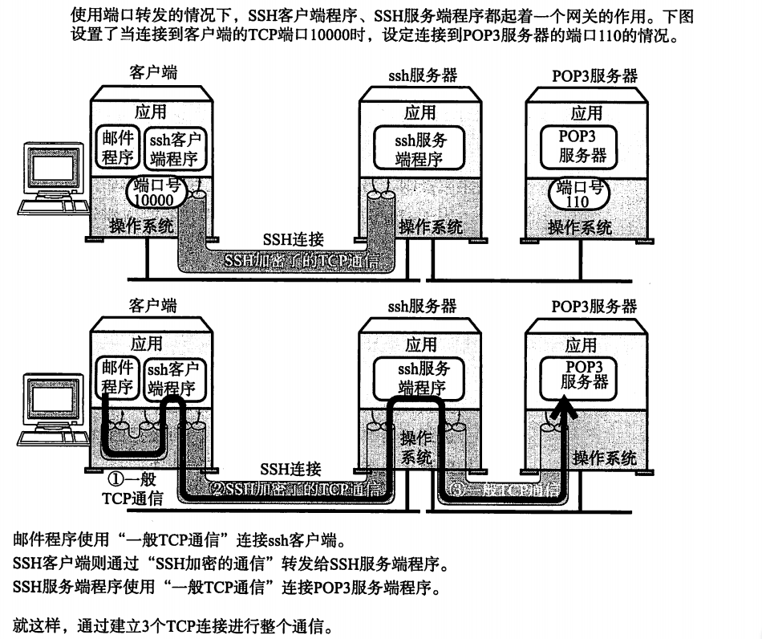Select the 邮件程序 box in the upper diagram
(119, 147)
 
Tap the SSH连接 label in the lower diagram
(291, 469)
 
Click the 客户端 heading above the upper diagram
(152, 73)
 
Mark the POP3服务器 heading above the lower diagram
(594, 306)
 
